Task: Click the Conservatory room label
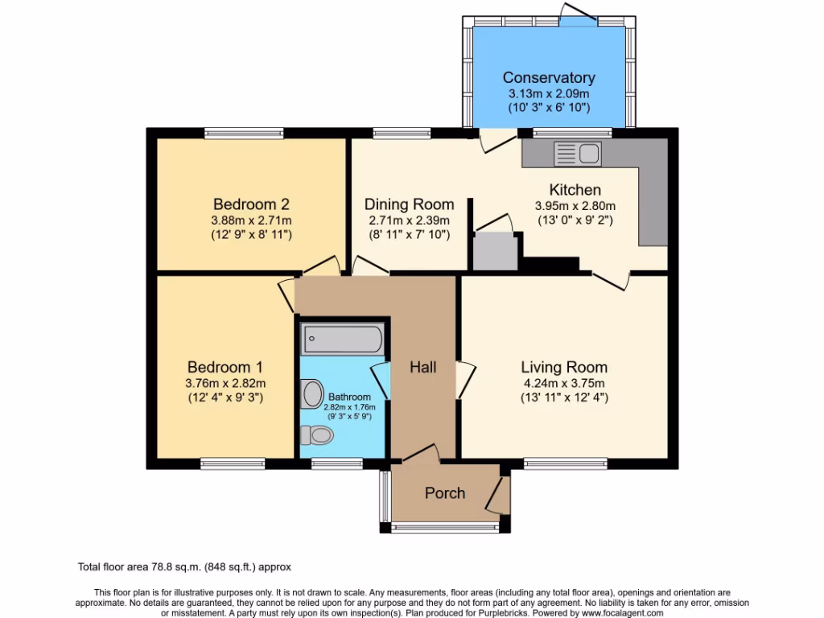(x=549, y=78)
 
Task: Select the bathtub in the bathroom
(x=343, y=339)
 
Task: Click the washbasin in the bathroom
(x=311, y=394)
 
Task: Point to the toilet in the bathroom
(x=316, y=435)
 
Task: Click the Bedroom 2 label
(x=251, y=204)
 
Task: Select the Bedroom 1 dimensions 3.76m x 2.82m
(x=225, y=383)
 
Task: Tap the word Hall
(x=422, y=367)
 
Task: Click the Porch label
(x=445, y=493)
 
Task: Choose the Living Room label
(x=564, y=368)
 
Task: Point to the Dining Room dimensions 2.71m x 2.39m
(x=409, y=220)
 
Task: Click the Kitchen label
(x=575, y=191)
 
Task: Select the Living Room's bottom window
(x=565, y=463)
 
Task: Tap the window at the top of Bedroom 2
(x=244, y=133)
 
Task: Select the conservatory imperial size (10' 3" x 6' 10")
(x=549, y=107)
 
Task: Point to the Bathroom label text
(x=349, y=397)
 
